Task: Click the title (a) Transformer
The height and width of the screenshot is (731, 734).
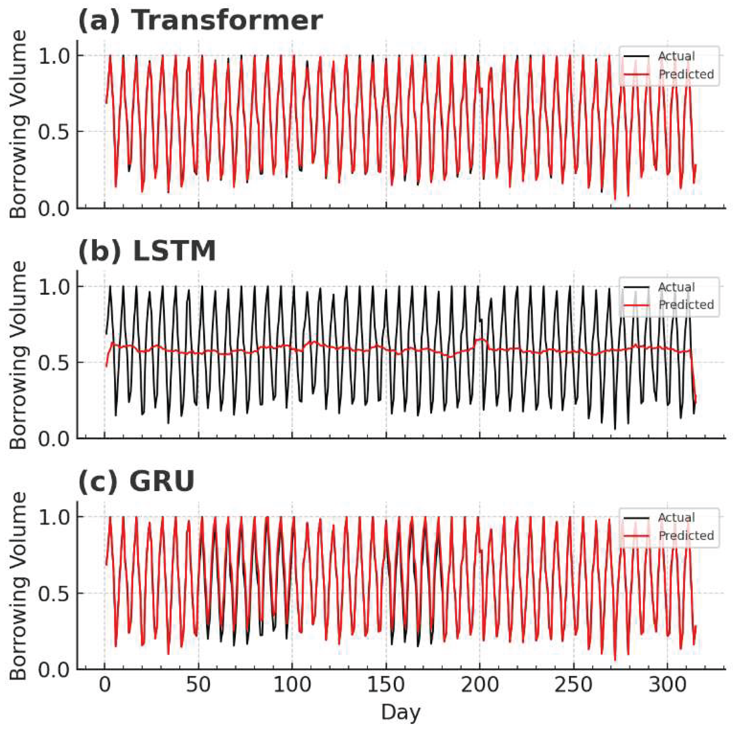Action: click(x=200, y=21)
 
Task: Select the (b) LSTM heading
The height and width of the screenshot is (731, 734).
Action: click(x=147, y=251)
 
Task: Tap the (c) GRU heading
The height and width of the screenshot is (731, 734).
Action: click(x=136, y=482)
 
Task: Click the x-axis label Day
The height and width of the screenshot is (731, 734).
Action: click(x=401, y=712)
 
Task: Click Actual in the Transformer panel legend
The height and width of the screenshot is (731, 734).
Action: click(x=676, y=56)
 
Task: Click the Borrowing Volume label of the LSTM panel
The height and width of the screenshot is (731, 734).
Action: click(x=18, y=355)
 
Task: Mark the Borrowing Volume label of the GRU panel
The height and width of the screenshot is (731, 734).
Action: click(x=18, y=586)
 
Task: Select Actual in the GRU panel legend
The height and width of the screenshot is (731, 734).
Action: click(x=676, y=518)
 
